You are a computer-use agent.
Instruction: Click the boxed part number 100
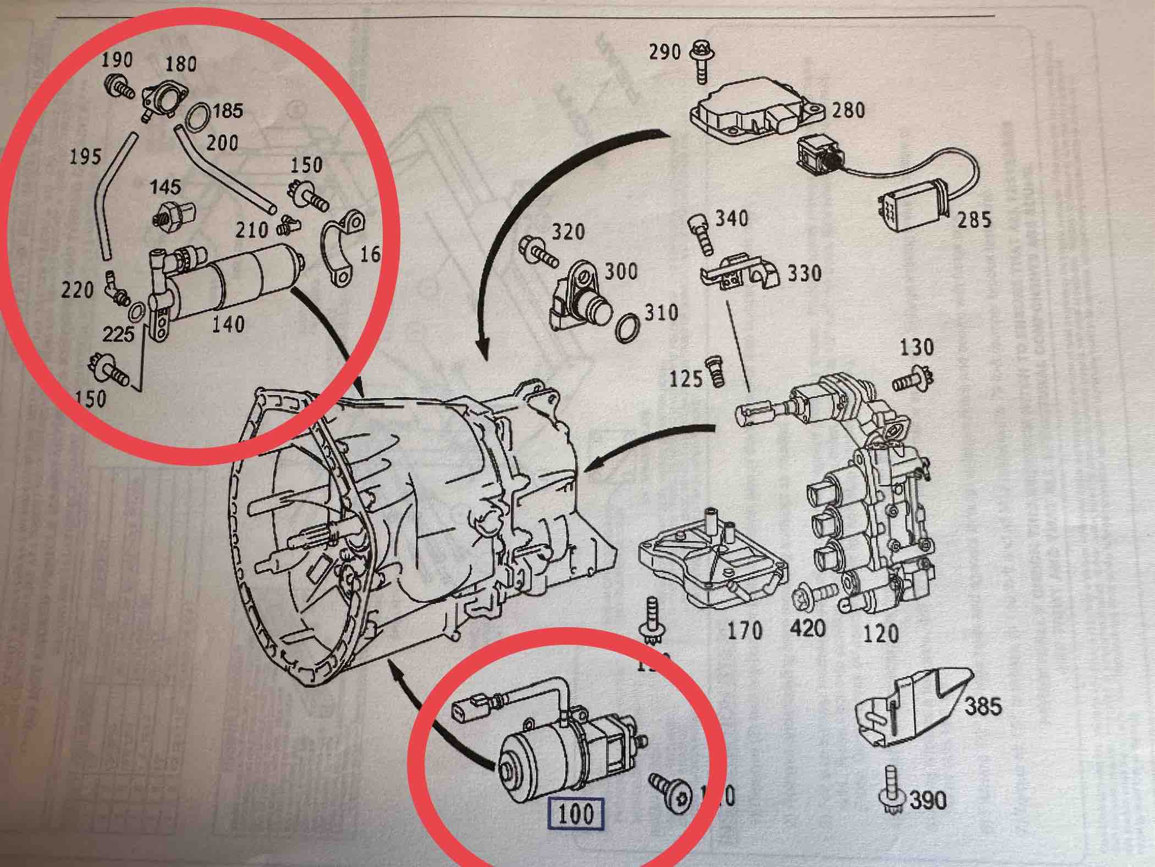tap(576, 813)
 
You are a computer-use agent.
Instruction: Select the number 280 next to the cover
tap(848, 110)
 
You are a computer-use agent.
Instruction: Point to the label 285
tap(974, 220)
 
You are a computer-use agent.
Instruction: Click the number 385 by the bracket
tap(983, 706)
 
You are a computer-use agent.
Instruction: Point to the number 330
tap(804, 273)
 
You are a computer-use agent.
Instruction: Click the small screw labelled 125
tap(716, 370)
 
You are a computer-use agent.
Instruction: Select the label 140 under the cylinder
tap(228, 324)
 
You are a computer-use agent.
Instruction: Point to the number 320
tap(568, 232)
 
